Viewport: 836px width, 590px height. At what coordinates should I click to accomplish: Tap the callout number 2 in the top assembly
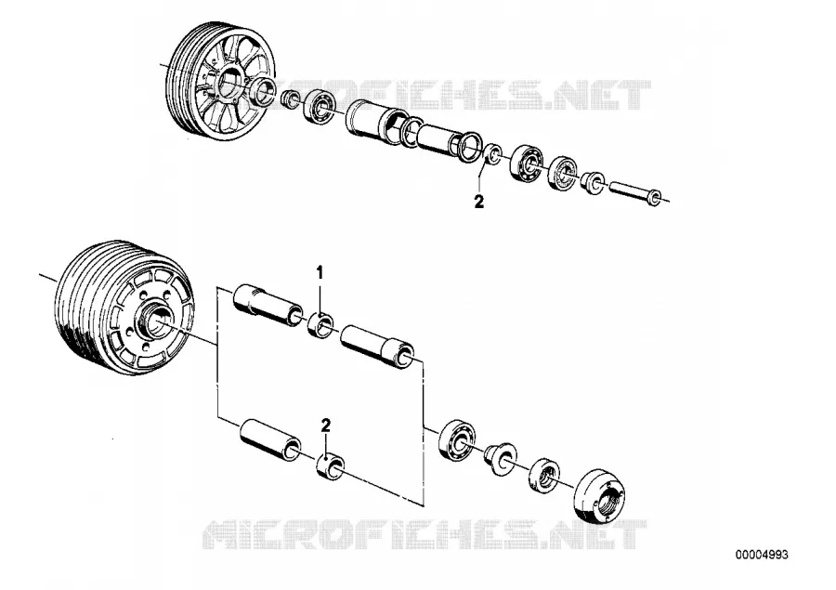pos(478,203)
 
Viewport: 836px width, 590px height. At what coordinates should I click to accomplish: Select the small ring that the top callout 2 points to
pos(492,153)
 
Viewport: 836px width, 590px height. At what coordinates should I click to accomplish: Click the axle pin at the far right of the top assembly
pos(635,192)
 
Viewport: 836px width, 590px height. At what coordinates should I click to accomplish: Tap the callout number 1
pos(320,272)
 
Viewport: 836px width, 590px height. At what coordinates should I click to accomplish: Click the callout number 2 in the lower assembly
pos(325,426)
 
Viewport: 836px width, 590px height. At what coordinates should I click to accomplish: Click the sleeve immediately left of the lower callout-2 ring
pos(269,440)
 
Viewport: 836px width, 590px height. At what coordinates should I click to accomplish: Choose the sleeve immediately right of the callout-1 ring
pos(377,347)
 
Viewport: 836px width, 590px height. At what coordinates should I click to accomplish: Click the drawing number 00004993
pos(762,555)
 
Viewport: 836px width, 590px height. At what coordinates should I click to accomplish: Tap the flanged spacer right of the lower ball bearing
pos(500,456)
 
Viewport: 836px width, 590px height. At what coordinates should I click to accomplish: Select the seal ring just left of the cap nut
pos(545,474)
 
